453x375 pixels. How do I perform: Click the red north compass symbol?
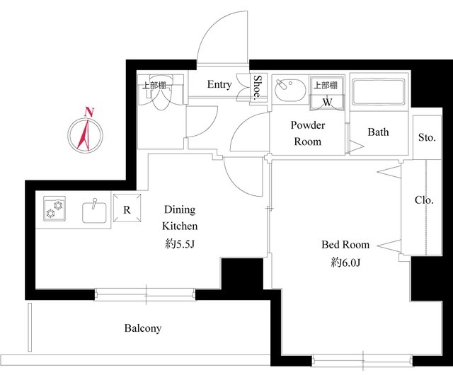86,135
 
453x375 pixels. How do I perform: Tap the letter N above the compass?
89,112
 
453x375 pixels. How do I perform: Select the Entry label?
219,84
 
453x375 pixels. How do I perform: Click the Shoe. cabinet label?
258,88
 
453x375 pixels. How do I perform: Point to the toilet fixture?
159,93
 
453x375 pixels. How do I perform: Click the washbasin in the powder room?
289,89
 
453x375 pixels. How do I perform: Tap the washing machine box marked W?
327,93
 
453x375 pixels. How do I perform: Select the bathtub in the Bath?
378,92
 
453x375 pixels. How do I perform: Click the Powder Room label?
308,133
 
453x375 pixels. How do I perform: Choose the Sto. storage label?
427,137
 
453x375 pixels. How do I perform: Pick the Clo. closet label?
424,200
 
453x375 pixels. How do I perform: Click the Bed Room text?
345,244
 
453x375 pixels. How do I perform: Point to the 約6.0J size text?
345,262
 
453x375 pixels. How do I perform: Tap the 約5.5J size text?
180,244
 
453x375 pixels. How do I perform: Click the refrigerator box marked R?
127,208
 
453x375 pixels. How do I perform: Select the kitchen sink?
94,212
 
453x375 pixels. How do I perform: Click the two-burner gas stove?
55,209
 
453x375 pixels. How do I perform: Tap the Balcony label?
143,328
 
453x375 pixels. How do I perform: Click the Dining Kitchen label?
180,217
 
